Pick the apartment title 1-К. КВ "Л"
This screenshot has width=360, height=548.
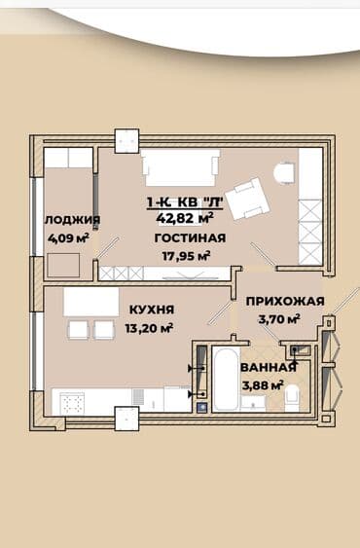(x=185, y=203)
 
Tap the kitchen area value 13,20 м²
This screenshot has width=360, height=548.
(x=151, y=327)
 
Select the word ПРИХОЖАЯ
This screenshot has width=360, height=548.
(x=284, y=302)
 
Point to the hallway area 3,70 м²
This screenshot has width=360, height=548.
(x=277, y=318)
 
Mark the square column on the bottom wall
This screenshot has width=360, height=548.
(x=127, y=418)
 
